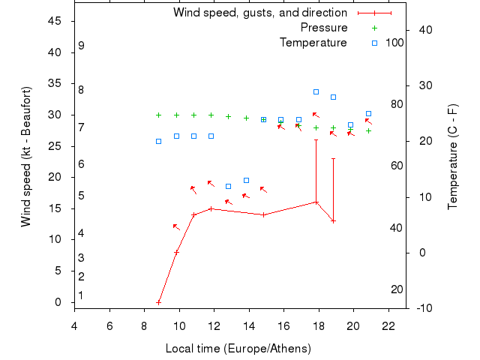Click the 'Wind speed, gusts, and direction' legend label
(259, 13)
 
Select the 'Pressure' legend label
(324, 28)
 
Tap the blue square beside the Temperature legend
(374, 43)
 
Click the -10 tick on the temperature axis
(422, 308)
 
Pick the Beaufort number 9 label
(81, 46)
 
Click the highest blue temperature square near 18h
(316, 92)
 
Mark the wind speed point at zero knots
(159, 302)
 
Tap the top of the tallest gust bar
(316, 139)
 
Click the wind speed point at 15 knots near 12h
(211, 208)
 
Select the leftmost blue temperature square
(159, 141)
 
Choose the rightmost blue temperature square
(368, 114)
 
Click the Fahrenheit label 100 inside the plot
(394, 43)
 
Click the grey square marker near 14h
(246, 180)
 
